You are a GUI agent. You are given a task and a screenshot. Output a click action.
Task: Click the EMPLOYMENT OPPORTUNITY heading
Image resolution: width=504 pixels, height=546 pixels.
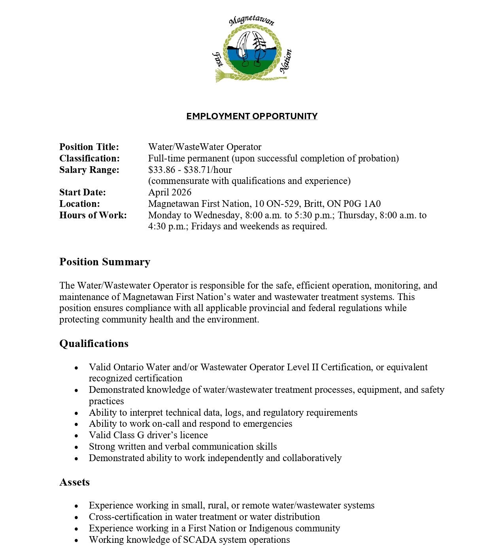coord(252,116)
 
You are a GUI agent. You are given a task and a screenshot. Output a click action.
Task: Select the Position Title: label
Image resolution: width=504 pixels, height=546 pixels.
coord(89,147)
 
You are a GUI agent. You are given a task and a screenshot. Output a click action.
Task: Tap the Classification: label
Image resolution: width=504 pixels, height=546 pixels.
coord(89,158)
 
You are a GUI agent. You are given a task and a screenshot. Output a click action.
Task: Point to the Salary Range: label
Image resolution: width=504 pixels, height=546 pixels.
coord(89,170)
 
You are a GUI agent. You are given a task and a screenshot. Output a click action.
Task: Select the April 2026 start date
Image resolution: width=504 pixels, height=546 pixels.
coord(170,192)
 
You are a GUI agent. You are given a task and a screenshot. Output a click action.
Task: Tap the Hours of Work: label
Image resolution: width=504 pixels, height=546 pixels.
coord(93,215)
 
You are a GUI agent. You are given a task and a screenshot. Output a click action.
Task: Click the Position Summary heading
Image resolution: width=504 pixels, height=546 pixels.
coord(105,262)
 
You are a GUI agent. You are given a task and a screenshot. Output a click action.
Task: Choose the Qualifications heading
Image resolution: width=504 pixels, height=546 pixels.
coord(94,343)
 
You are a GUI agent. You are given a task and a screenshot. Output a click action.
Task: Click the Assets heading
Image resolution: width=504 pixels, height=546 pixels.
coord(74,482)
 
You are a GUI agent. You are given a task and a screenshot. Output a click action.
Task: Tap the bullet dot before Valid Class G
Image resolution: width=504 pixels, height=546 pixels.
coord(76,436)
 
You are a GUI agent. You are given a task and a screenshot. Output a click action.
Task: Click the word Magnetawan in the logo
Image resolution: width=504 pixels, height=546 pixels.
coord(252,21)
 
